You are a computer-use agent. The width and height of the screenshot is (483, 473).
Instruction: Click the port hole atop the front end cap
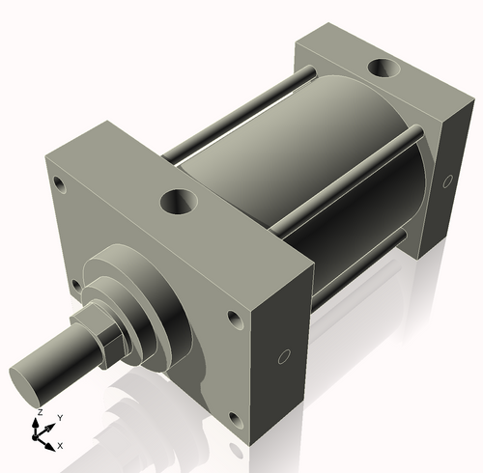(181, 202)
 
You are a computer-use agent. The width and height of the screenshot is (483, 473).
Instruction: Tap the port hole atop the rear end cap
(384, 70)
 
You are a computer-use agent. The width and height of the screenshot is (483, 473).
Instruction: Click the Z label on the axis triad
(39, 412)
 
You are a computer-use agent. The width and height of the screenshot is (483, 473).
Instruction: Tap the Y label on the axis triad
(59, 417)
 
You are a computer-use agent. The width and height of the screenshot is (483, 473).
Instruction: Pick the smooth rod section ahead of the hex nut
(68, 357)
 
